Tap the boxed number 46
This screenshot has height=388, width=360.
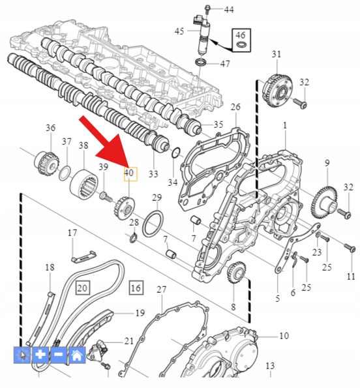click(x=241, y=35)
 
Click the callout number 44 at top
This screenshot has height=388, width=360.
click(x=229, y=10)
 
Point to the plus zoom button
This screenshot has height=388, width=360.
click(x=40, y=355)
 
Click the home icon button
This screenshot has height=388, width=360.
click(x=77, y=355)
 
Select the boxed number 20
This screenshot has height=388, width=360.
click(x=82, y=288)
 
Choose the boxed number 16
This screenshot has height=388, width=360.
click(x=136, y=288)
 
